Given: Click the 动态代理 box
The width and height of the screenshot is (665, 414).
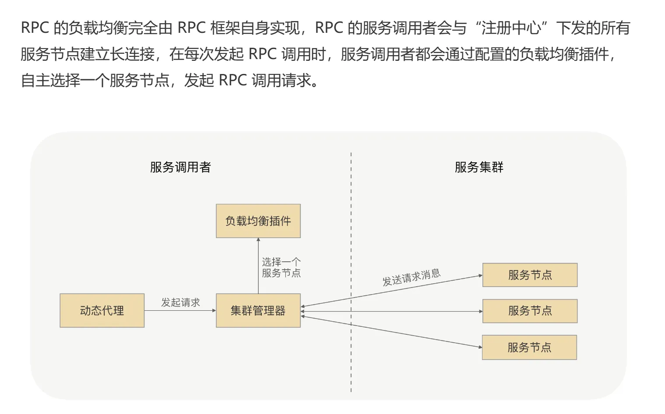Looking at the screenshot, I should click(x=102, y=310).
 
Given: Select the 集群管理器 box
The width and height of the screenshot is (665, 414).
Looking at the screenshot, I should click(x=258, y=310).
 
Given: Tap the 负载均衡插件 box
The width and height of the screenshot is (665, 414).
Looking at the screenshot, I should click(x=258, y=221).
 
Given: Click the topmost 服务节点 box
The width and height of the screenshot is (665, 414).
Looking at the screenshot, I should click(x=530, y=275).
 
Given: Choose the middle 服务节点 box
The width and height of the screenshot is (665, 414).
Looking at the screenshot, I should click(x=530, y=311).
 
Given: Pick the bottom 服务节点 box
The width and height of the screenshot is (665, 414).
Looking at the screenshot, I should click(x=529, y=347).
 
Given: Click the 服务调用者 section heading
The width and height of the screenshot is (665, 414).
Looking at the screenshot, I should click(x=180, y=167).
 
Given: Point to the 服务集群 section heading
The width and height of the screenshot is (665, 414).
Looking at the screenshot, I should click(x=479, y=167).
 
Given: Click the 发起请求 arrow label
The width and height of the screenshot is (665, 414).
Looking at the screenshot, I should click(x=180, y=302).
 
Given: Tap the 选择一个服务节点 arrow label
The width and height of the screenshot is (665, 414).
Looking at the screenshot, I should click(x=281, y=267).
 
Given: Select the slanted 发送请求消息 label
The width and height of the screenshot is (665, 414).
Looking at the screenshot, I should click(x=412, y=277).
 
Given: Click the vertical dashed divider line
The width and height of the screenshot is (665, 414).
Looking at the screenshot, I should click(x=351, y=219).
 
